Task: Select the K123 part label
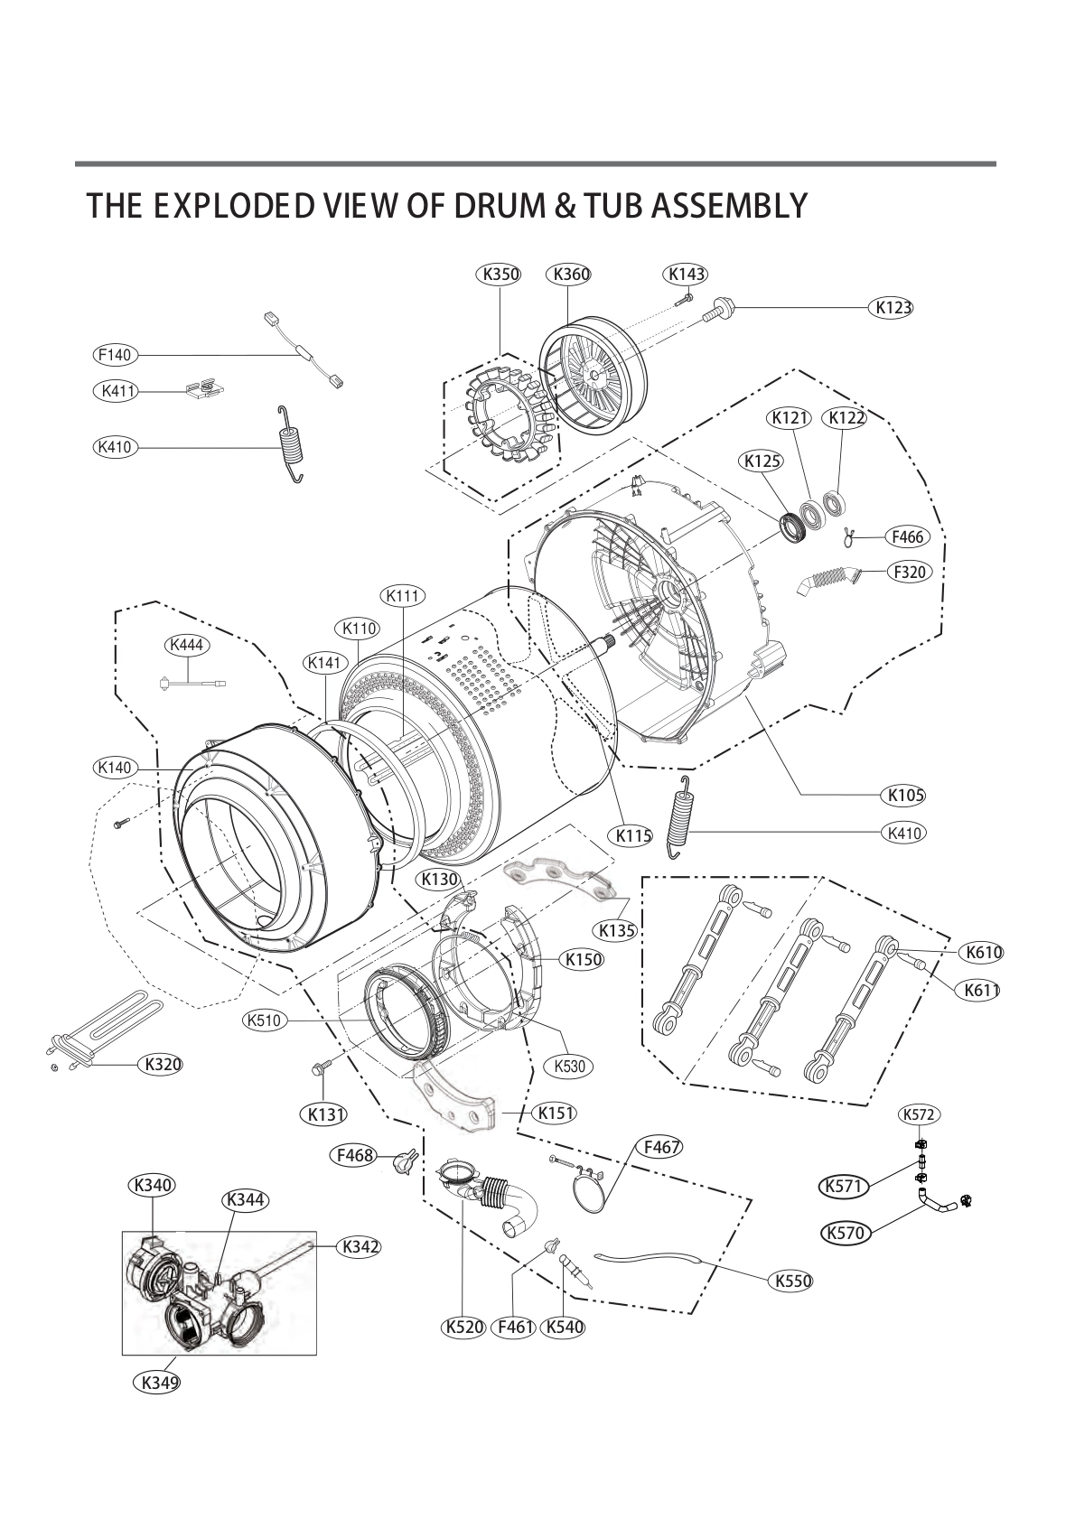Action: click(893, 307)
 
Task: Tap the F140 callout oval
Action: click(115, 355)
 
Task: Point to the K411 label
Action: click(115, 391)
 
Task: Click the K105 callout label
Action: click(904, 795)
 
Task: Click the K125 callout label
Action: click(762, 461)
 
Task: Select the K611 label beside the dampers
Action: click(980, 990)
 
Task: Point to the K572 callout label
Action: click(919, 1114)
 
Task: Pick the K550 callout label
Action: click(791, 1281)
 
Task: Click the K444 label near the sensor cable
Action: click(187, 645)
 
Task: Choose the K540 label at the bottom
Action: click(564, 1328)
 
